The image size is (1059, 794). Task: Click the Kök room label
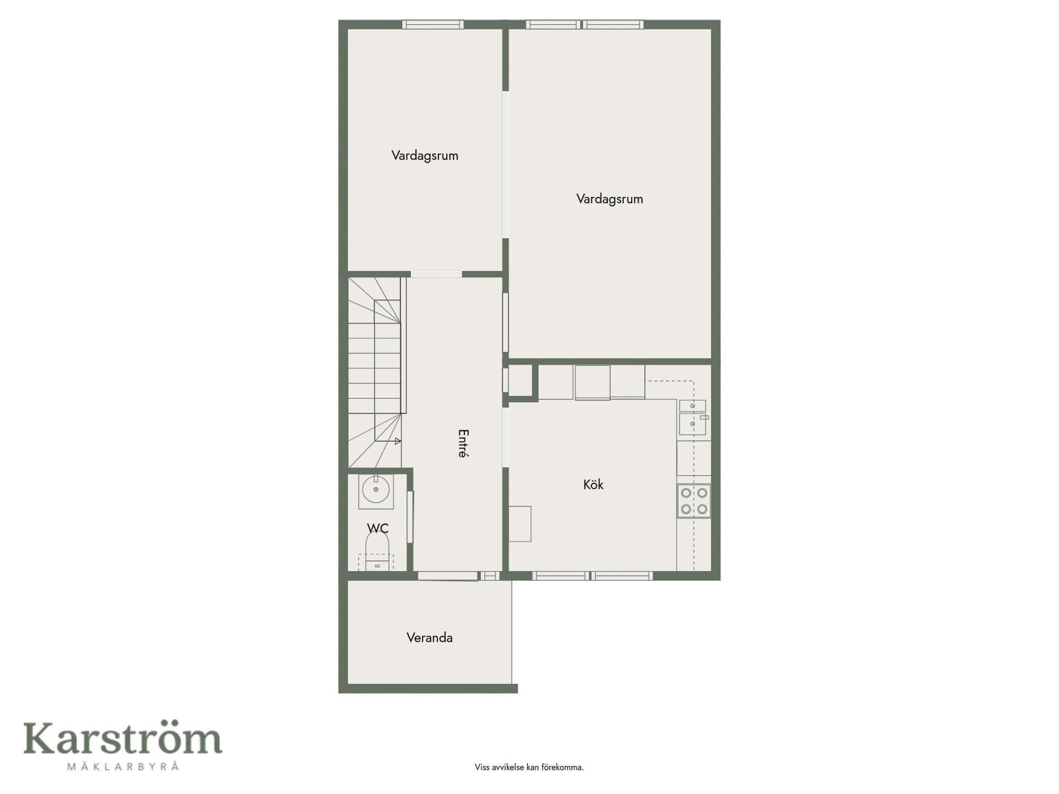pos(593,485)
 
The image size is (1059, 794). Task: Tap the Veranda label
pos(430,638)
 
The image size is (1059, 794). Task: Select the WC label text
pos(378,528)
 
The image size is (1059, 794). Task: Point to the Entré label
pos(463,443)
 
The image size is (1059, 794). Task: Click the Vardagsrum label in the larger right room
pos(609,199)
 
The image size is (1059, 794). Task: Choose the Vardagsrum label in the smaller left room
pos(425,155)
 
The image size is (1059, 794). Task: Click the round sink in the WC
pos(376,490)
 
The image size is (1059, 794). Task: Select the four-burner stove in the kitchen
pos(694,501)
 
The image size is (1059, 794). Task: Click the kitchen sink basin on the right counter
pos(692,423)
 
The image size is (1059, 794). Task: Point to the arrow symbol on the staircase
pos(397,441)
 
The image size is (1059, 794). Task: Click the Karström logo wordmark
pos(122,738)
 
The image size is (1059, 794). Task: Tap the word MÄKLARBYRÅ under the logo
pos(122,766)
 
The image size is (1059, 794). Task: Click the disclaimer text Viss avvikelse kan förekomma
pos(529,767)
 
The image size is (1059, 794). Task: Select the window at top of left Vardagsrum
pos(432,24)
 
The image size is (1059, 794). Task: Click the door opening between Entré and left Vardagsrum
pos(436,274)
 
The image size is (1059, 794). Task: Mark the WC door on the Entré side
pos(410,517)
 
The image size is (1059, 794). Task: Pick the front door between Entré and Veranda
pos(448,576)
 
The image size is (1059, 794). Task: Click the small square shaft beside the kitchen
pos(520,380)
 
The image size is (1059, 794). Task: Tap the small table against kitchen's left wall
pos(520,524)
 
